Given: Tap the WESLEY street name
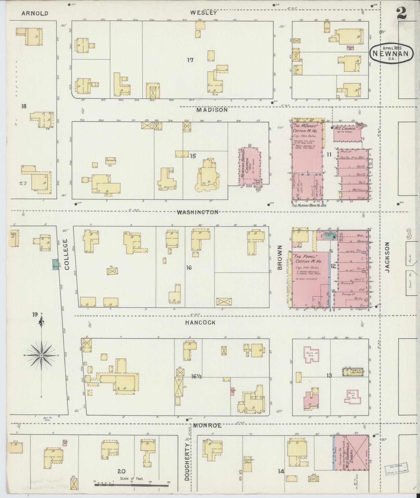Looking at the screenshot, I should [x=204, y=13].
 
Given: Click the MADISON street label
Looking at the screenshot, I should [x=211, y=110].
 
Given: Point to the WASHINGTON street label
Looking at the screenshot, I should [x=198, y=212].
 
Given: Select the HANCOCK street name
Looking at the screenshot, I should [x=201, y=322].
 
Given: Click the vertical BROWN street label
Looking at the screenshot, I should [x=280, y=258].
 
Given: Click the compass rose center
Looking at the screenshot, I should [x=42, y=355].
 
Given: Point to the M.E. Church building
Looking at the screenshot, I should [x=348, y=132].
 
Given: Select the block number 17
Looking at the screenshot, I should [x=190, y=60].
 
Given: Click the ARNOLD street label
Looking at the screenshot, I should [x=35, y=13].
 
